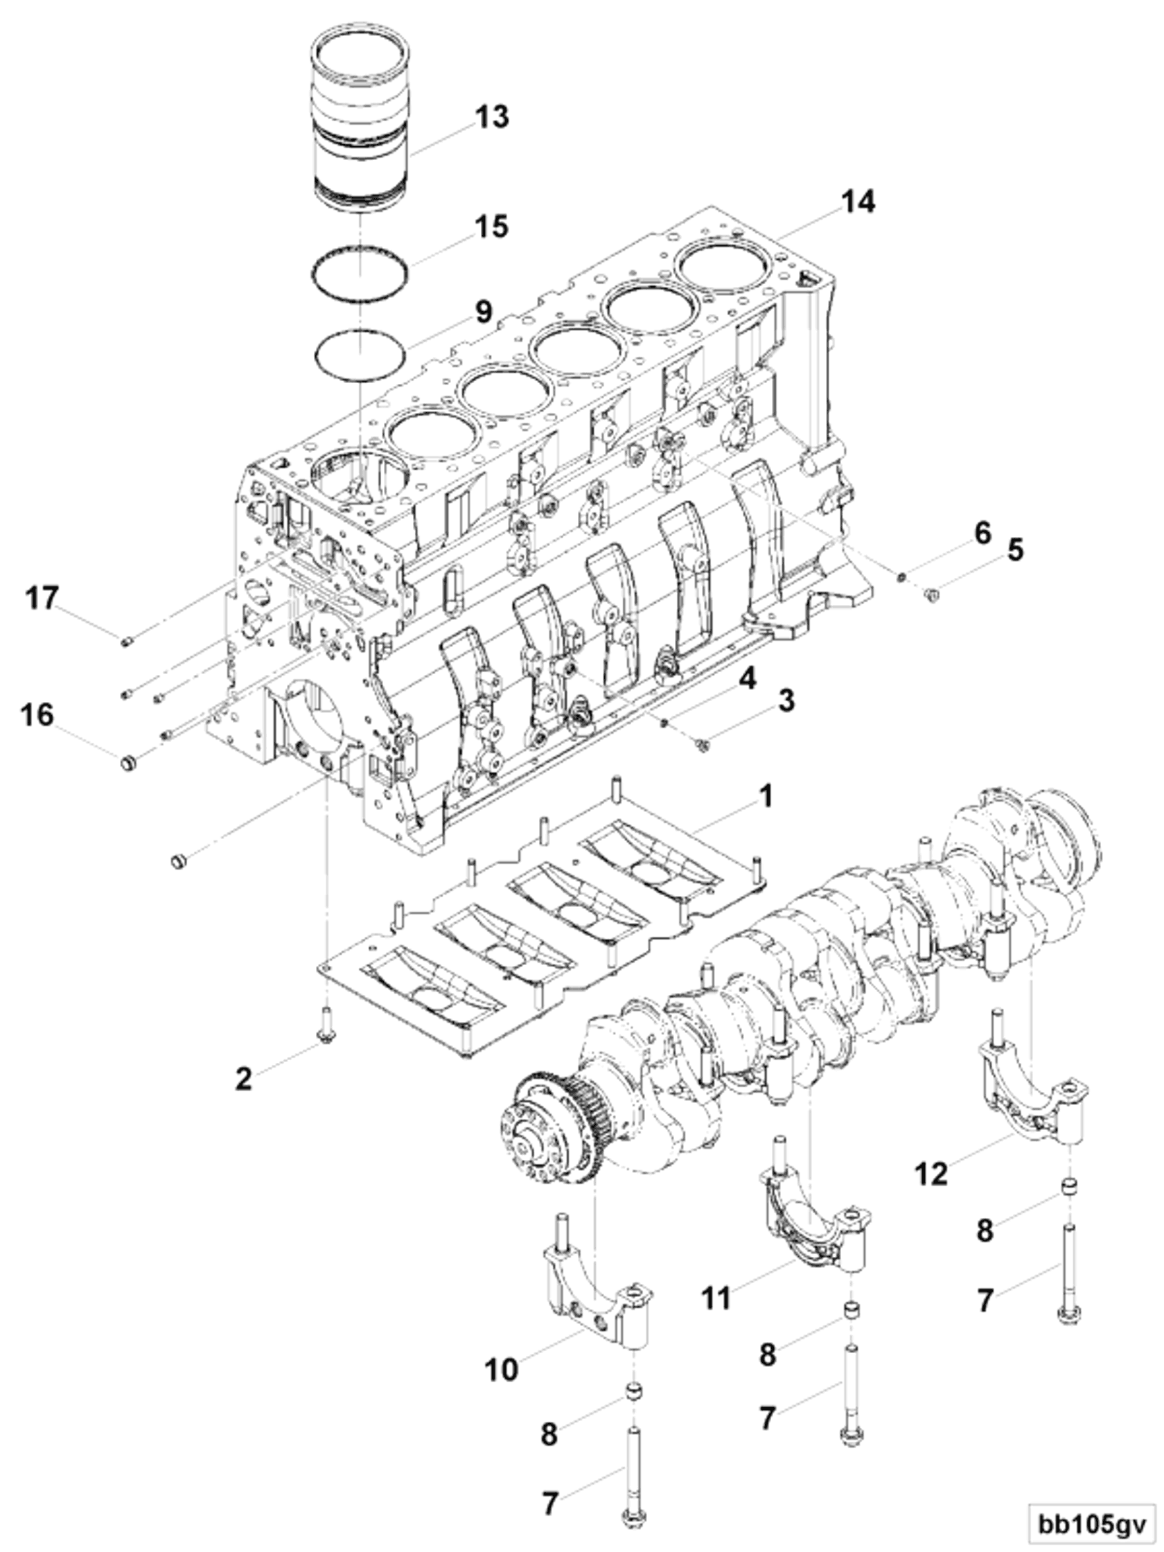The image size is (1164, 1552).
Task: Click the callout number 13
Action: pyautogui.click(x=492, y=117)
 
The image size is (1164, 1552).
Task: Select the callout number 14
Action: pyautogui.click(x=858, y=202)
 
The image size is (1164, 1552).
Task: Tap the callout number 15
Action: pyautogui.click(x=491, y=227)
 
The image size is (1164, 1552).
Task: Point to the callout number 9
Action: pyautogui.click(x=484, y=312)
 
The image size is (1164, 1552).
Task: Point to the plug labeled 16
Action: pyautogui.click(x=127, y=762)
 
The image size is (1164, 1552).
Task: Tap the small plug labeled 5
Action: pyautogui.click(x=933, y=596)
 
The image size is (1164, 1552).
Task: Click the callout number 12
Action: pyautogui.click(x=932, y=1172)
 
